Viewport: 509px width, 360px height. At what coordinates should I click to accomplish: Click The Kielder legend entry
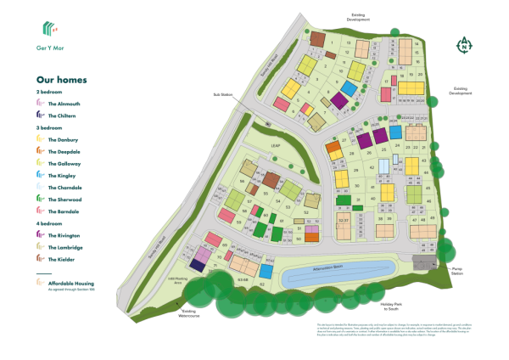click(64, 259)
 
